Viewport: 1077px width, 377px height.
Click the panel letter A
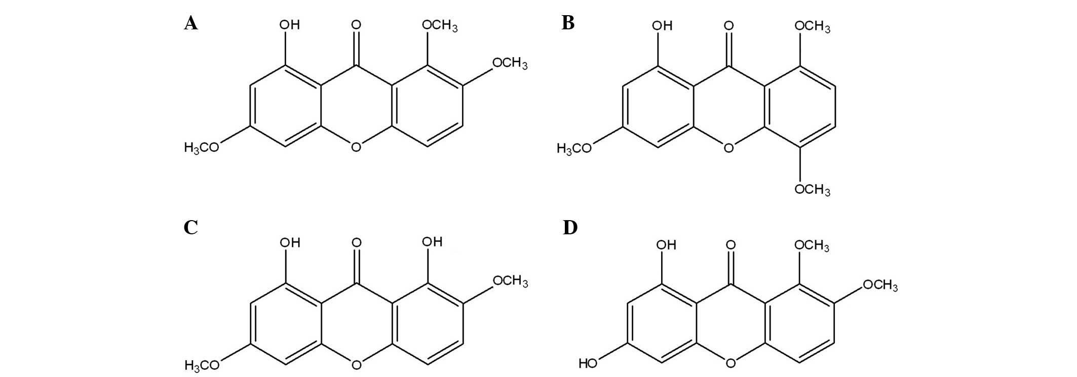pyautogui.click(x=191, y=23)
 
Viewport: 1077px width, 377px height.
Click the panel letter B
pyautogui.click(x=568, y=23)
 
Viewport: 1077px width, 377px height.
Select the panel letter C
pyautogui.click(x=191, y=228)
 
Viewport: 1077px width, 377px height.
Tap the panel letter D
pyautogui.click(x=570, y=228)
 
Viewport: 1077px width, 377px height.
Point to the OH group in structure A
pyautogui.click(x=290, y=24)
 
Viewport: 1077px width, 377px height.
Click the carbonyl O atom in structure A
pyautogui.click(x=356, y=24)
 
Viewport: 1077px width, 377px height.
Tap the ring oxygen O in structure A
pyautogui.click(x=356, y=147)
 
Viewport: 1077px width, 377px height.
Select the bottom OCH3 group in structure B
pyautogui.click(x=812, y=189)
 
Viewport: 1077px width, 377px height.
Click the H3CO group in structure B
pyautogui.click(x=574, y=148)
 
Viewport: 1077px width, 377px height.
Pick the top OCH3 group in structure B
pyautogui.click(x=812, y=26)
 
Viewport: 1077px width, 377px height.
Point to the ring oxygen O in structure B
pyautogui.click(x=728, y=148)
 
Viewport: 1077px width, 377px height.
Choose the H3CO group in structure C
pyautogui.click(x=202, y=365)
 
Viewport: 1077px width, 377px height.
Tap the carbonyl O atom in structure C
pyautogui.click(x=357, y=243)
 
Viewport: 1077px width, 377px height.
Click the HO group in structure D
pyautogui.click(x=588, y=363)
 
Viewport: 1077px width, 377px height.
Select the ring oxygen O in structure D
pyautogui.click(x=730, y=363)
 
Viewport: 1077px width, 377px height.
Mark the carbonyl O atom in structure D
pyautogui.click(x=730, y=245)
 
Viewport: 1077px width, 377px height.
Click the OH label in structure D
pyautogui.click(x=666, y=245)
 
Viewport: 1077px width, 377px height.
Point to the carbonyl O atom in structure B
pyautogui.click(x=729, y=25)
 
